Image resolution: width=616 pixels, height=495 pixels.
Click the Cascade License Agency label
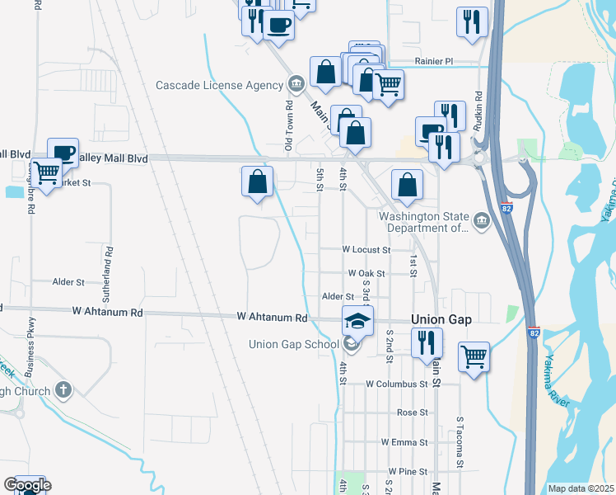pos(220,85)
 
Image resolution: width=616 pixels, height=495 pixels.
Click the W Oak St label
pos(367,273)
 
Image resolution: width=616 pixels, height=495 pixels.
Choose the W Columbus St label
pos(397,384)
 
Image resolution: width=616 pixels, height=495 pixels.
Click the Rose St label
pos(412,412)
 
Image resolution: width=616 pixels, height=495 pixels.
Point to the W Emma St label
pos(404,442)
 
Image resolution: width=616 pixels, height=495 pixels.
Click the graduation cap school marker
pos(357,320)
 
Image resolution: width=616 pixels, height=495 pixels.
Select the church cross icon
pos(63,390)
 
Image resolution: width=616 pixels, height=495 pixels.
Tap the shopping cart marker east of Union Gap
pos(474,357)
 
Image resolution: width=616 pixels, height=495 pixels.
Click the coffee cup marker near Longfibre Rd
pos(63,153)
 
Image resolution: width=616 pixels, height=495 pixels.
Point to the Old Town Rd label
pos(289,125)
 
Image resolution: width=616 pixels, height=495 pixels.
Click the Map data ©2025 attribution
pos(581,488)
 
